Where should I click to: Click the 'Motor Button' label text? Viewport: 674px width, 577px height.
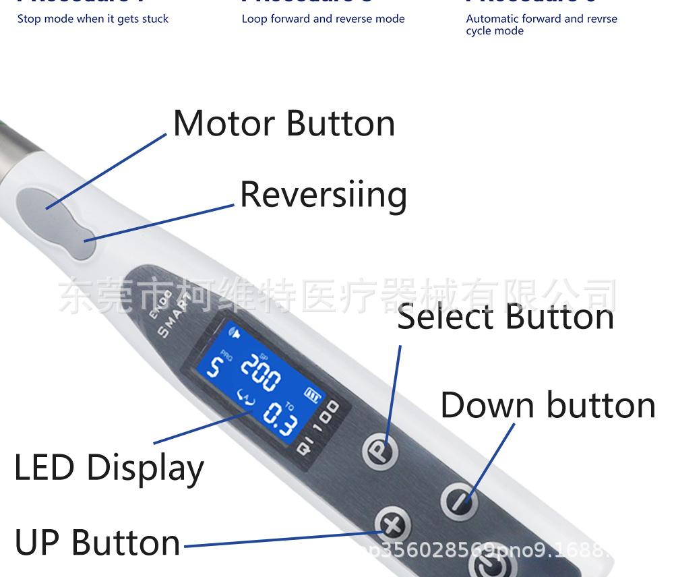tap(284, 123)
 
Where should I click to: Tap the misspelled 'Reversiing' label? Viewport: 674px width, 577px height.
tap(324, 195)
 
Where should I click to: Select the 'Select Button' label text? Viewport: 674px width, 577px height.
tap(506, 317)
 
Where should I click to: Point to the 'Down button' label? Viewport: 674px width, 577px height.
tap(547, 405)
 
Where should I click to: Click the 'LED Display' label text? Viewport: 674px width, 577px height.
tap(109, 468)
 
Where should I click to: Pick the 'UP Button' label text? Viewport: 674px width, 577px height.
tap(98, 543)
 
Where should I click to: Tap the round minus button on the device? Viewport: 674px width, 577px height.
tap(459, 500)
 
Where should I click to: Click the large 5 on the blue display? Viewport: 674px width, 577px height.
tap(214, 368)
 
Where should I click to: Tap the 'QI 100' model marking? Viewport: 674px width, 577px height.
tap(318, 425)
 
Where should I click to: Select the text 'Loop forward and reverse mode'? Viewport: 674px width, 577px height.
tap(323, 19)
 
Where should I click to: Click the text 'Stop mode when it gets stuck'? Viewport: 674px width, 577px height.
tap(93, 19)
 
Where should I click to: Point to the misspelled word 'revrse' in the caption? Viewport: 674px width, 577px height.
tap(601, 19)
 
